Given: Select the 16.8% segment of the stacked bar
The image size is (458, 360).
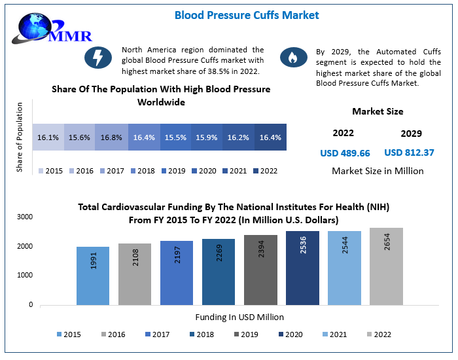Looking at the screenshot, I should coord(111,138).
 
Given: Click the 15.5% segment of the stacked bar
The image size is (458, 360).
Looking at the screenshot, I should coord(175,138).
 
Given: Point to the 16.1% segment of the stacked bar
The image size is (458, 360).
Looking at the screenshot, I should coord(48,138).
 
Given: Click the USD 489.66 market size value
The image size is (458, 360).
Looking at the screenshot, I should coord(345,153).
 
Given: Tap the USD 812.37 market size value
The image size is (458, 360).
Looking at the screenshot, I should coord(409,153).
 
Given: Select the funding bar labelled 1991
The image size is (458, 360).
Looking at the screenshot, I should coord(93,276).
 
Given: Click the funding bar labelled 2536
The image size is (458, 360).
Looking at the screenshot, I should coord(302,268).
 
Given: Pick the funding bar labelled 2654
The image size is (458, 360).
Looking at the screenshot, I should coord(386,266).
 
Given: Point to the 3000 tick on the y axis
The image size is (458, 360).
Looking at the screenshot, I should coord(25,217).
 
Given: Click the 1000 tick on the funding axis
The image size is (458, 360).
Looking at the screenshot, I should coord(25,276).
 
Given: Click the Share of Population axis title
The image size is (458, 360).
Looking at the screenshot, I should coord(20,138).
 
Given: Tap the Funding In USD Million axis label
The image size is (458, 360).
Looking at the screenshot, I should coord(239,317).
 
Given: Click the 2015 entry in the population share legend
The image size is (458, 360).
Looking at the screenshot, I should coord(50,171).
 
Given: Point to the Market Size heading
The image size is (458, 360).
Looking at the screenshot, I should coord(378,111).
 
